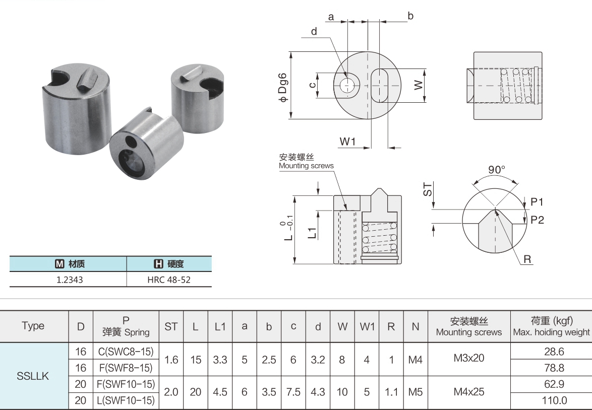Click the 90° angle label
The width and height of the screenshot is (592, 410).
click(496, 170)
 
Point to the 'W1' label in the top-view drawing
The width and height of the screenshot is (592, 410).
click(348, 142)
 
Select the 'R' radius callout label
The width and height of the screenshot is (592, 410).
click(527, 259)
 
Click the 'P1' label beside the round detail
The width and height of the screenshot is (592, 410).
click(537, 202)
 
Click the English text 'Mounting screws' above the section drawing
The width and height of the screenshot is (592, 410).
click(306, 166)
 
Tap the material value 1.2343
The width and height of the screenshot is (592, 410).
click(70, 279)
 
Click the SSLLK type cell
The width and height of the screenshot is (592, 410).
click(33, 376)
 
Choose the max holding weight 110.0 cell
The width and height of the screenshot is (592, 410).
click(551, 400)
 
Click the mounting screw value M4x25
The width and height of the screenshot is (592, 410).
click(469, 391)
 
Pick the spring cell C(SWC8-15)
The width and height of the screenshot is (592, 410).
click(126, 351)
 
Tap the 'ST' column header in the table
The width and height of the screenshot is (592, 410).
click(171, 326)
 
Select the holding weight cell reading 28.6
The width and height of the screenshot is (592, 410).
click(551, 351)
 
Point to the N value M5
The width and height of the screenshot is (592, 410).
click(416, 391)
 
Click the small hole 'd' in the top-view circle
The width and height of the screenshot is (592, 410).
click(346, 86)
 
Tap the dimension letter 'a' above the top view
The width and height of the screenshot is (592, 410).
click(331, 17)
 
